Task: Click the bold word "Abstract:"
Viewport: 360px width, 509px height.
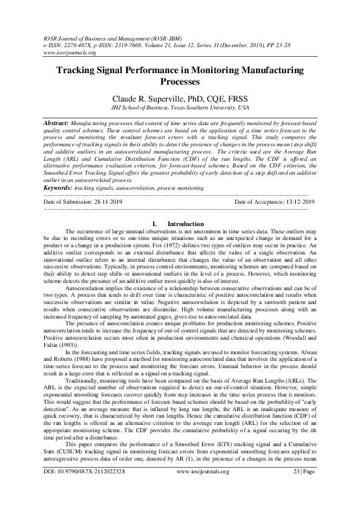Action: (x=56, y=122)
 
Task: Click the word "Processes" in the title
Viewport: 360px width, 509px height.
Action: (x=180, y=81)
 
